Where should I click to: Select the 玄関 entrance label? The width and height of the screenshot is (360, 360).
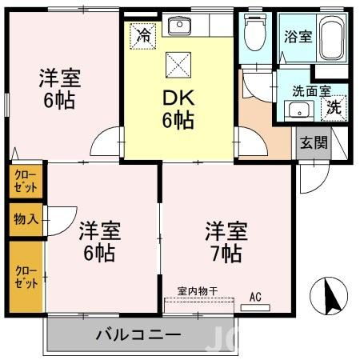pyautogui.click(x=311, y=144)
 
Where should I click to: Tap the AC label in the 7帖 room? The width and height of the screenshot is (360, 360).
pyautogui.click(x=255, y=298)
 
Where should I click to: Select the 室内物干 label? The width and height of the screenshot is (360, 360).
pyautogui.click(x=198, y=293)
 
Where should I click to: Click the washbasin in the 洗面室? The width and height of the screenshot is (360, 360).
pyautogui.click(x=298, y=110)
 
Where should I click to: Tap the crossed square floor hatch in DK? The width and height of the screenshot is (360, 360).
pyautogui.click(x=177, y=68)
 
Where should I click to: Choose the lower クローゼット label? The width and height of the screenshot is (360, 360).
pyautogui.click(x=26, y=277)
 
